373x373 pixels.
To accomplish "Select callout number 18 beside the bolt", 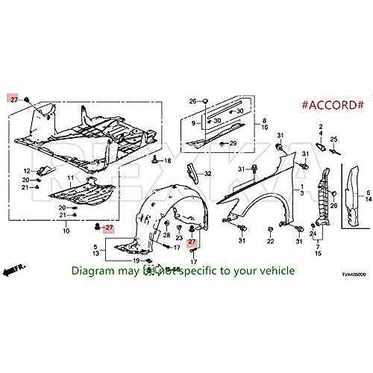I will point(167,160).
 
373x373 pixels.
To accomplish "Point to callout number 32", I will point(208,174).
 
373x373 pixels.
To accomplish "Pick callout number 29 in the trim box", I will point(233,143).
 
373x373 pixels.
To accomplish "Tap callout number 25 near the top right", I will point(334,140).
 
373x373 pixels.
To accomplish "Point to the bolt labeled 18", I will point(154,160).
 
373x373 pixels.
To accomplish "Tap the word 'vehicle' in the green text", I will point(277,270).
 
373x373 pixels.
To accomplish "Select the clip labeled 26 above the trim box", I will point(204,101).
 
